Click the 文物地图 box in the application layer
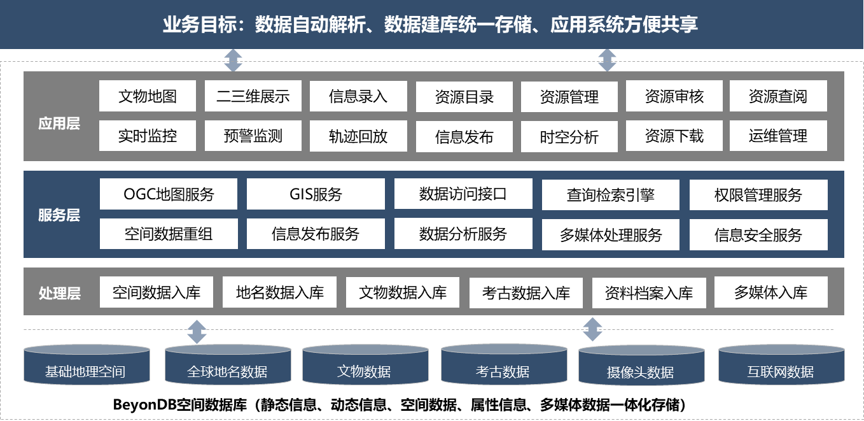click(x=148, y=96)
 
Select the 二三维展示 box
click(x=253, y=96)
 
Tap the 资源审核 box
click(x=674, y=96)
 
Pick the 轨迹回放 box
click(x=358, y=136)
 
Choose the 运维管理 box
click(x=778, y=136)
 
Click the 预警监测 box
click(x=253, y=136)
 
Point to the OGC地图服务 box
click(x=169, y=194)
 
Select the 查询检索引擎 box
click(x=611, y=195)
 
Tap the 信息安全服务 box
click(x=758, y=235)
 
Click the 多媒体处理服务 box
click(x=611, y=235)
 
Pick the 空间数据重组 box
click(x=169, y=234)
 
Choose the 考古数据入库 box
click(x=526, y=293)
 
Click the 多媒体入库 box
click(x=771, y=292)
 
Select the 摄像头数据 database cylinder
click(x=641, y=370)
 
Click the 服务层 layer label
click(x=59, y=215)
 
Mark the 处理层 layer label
click(x=59, y=293)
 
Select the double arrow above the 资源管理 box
click(x=607, y=61)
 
